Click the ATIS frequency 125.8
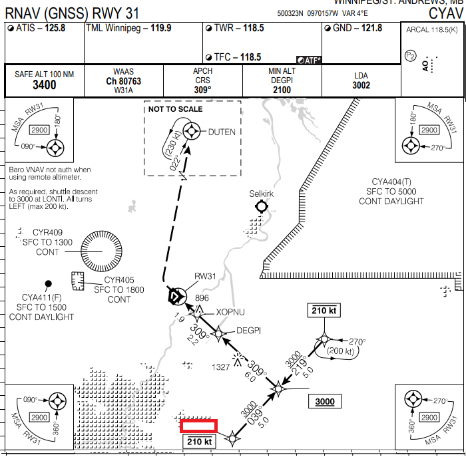[x=59, y=28]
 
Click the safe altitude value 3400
[x=45, y=84]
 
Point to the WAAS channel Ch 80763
[x=123, y=81]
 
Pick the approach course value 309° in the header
[x=202, y=90]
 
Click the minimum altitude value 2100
[x=282, y=90]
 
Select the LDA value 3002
[x=361, y=85]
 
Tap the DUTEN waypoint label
[x=222, y=132]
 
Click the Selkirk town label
[x=262, y=194]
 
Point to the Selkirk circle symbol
[x=261, y=207]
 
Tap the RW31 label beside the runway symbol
[x=205, y=277]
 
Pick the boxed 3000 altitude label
[x=324, y=401]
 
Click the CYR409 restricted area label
[x=41, y=232]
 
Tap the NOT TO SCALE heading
[x=175, y=109]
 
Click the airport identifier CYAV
[x=443, y=13]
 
